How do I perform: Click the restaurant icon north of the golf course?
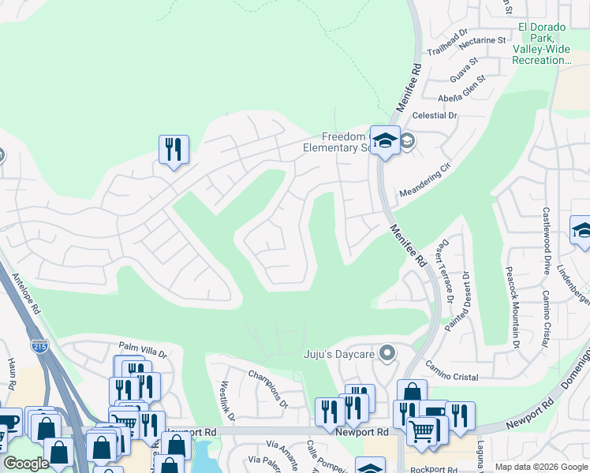click(x=174, y=149)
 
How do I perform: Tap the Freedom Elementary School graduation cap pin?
click(x=385, y=141)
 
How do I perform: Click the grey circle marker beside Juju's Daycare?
click(x=386, y=352)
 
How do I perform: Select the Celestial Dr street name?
click(x=436, y=115)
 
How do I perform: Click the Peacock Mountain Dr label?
click(x=512, y=307)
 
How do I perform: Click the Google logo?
click(x=26, y=464)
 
